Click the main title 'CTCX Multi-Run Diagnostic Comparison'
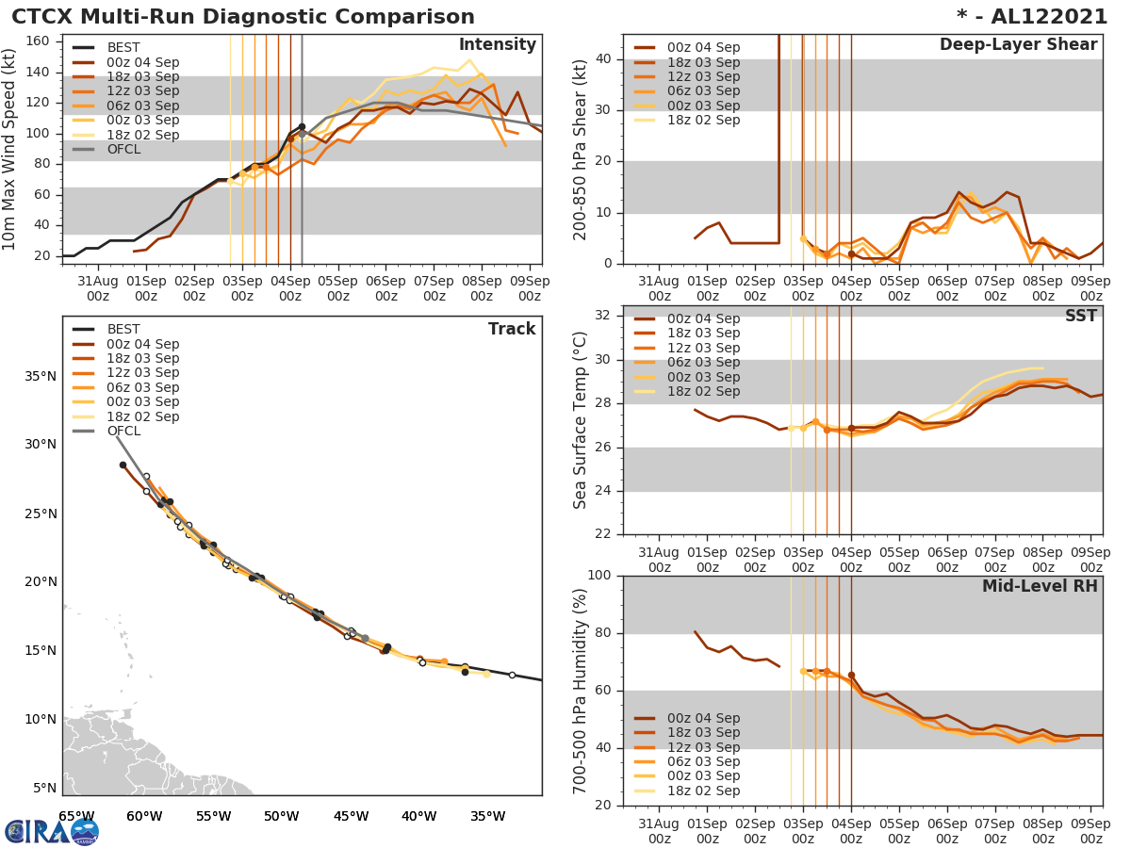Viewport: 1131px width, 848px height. pos(243,17)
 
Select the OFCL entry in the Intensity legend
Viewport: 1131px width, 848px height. pos(123,150)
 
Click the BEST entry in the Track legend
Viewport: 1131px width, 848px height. pos(123,330)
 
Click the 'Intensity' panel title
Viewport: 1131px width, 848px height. pos(497,45)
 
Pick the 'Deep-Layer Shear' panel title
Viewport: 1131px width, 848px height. pos(1018,45)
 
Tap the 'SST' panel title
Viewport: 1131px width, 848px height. pos(1081,316)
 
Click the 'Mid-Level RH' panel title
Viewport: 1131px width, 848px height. pos(1040,586)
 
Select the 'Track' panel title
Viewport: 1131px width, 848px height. pos(512,329)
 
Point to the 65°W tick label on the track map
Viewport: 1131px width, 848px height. pos(75,816)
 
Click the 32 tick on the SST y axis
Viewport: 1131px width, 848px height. pos(604,315)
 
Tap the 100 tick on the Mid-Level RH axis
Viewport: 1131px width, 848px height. pos(600,576)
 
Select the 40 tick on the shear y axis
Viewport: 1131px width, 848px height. pos(604,59)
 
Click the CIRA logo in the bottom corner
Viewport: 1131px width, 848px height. pos(51,831)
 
